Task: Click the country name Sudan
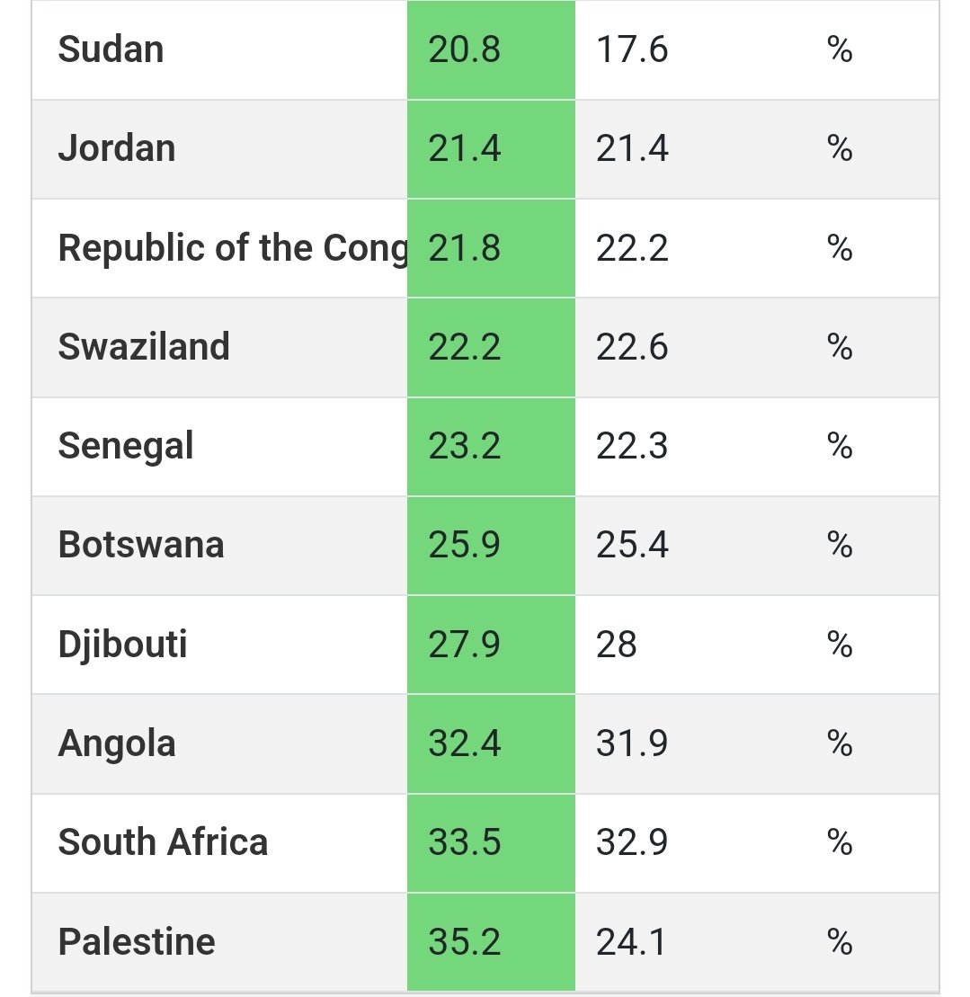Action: click(x=111, y=49)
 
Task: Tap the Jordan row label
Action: click(x=117, y=148)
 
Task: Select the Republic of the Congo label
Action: click(x=232, y=248)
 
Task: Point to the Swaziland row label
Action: click(x=144, y=347)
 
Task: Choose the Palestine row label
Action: click(x=137, y=942)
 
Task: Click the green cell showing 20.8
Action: click(x=465, y=49)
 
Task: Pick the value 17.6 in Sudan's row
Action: click(x=632, y=49)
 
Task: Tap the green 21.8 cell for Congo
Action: click(x=465, y=248)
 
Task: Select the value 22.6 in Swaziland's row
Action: click(x=632, y=347)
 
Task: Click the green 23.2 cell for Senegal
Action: click(x=465, y=446)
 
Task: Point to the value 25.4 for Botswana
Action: click(x=632, y=545)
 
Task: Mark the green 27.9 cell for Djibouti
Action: click(x=465, y=645)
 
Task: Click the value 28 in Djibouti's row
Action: click(x=617, y=645)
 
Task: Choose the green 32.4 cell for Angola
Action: click(x=465, y=743)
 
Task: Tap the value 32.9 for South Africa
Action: click(x=632, y=842)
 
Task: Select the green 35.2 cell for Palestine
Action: click(x=465, y=942)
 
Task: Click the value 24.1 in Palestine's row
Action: click(x=632, y=942)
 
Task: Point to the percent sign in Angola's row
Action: click(x=840, y=743)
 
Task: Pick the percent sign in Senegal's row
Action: click(x=840, y=446)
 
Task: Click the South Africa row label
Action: click(x=163, y=842)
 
